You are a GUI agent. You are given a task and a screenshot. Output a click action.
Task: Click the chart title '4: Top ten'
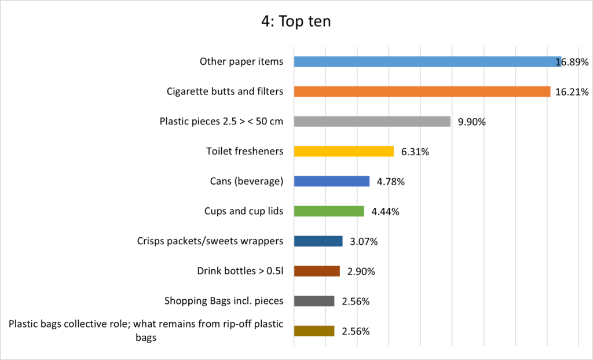(x=296, y=21)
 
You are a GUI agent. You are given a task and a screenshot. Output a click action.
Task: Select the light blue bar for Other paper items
(x=427, y=61)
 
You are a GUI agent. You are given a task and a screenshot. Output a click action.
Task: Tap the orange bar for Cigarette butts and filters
(x=422, y=91)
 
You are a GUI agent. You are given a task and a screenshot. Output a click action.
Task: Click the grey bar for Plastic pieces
(x=372, y=122)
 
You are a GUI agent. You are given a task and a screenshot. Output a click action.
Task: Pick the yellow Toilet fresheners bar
(x=343, y=152)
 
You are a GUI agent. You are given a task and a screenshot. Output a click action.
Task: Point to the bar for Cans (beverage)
(x=331, y=182)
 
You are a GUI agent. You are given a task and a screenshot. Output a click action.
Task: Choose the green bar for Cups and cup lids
(x=329, y=211)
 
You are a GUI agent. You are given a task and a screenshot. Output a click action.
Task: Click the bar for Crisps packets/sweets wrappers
(x=318, y=241)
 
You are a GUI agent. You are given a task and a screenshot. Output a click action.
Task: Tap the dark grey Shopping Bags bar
(x=314, y=301)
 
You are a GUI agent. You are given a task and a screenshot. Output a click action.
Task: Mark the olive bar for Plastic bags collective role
(x=314, y=331)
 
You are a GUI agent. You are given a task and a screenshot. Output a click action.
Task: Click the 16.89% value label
(x=572, y=62)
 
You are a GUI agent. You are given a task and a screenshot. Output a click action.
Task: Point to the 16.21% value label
(x=572, y=92)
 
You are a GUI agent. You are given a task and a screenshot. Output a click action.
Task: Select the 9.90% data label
(x=471, y=122)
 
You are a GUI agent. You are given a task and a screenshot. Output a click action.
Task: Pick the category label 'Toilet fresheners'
(x=244, y=152)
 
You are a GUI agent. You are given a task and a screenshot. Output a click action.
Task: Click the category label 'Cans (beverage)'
(x=246, y=182)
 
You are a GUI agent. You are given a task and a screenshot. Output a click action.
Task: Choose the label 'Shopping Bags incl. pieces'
(x=224, y=300)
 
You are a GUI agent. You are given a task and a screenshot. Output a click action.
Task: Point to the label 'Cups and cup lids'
(x=244, y=211)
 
